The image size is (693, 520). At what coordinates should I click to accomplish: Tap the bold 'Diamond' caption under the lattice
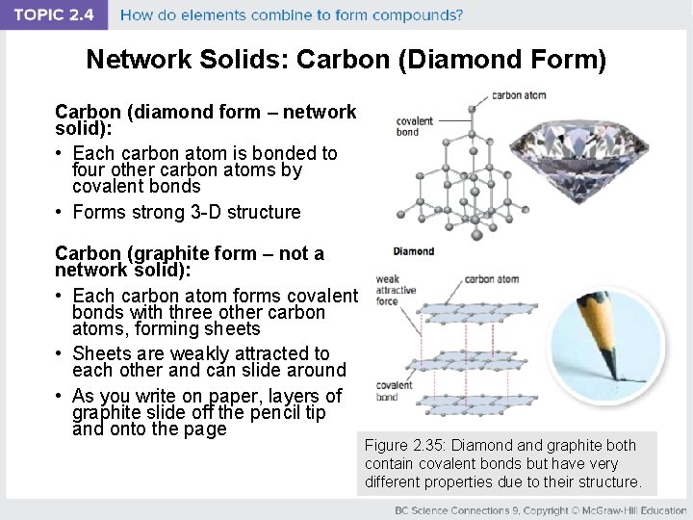pyautogui.click(x=413, y=251)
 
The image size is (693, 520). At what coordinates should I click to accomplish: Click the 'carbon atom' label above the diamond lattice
pyautogui.click(x=519, y=95)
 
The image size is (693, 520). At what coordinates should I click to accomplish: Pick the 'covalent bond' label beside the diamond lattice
pyautogui.click(x=414, y=126)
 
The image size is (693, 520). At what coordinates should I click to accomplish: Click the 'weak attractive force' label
pyautogui.click(x=395, y=290)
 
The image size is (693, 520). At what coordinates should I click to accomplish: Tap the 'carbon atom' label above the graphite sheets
pyautogui.click(x=491, y=279)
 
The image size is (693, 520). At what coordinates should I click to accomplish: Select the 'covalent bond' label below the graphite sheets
pyautogui.click(x=395, y=391)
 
